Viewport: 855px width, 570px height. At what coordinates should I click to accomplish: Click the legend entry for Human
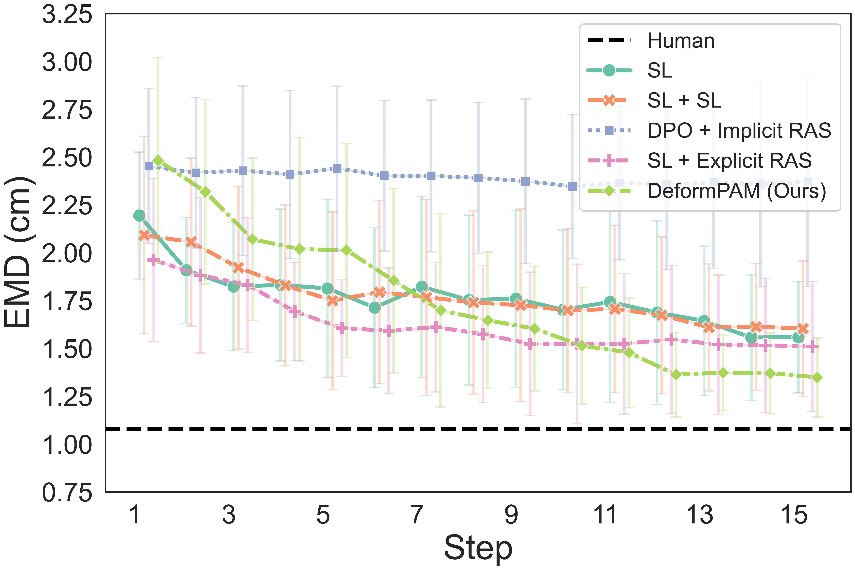(681, 41)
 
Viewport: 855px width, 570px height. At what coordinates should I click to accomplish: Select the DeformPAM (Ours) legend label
(736, 191)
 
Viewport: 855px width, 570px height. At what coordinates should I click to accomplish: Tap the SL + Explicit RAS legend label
(729, 161)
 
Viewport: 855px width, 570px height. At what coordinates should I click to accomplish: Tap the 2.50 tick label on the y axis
(67, 158)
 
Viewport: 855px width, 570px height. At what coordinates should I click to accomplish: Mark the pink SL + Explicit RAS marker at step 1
(153, 260)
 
